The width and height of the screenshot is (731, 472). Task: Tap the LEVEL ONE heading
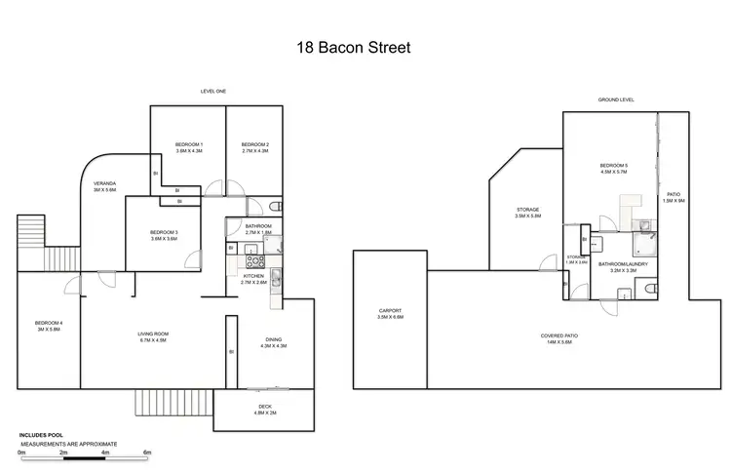tap(213, 91)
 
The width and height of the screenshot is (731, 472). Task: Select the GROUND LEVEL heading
tap(616, 100)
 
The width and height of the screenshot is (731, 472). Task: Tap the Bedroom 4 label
tap(48, 326)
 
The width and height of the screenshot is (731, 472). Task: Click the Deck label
tap(264, 409)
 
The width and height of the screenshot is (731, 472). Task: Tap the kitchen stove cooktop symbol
tap(255, 260)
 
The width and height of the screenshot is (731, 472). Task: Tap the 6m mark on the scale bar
tap(147, 453)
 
